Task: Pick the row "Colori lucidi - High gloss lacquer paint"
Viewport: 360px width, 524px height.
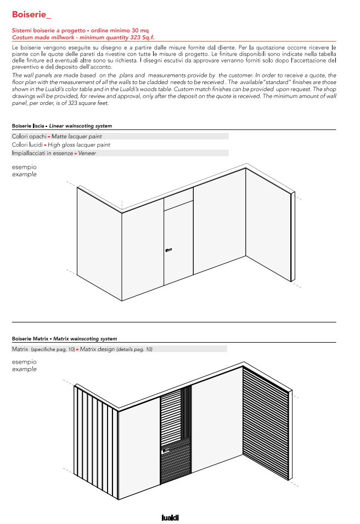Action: click(61, 144)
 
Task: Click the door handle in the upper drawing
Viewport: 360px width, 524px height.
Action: click(168, 250)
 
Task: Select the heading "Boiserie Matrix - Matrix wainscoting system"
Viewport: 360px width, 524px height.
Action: click(64, 339)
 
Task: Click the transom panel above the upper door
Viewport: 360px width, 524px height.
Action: click(178, 198)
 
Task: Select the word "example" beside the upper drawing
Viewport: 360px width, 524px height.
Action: click(24, 175)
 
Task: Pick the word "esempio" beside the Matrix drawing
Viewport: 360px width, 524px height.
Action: click(24, 362)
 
